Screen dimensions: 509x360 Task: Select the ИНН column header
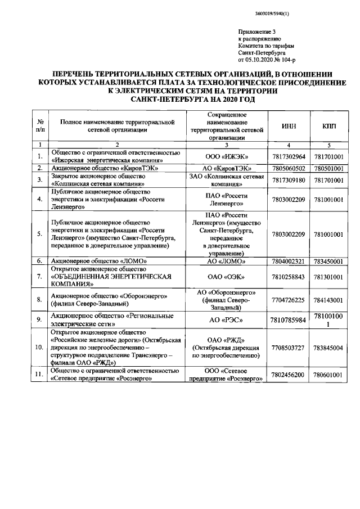tap(289, 128)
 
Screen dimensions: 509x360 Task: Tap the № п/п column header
tap(39, 128)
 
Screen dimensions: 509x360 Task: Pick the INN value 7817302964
tap(289, 156)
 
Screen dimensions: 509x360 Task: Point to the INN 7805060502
tap(289, 168)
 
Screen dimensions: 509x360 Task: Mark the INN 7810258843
tap(289, 276)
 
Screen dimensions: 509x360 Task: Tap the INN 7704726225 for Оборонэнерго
tap(289, 300)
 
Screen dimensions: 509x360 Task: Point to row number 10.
tap(39, 348)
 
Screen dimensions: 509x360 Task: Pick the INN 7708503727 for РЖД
tap(289, 348)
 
